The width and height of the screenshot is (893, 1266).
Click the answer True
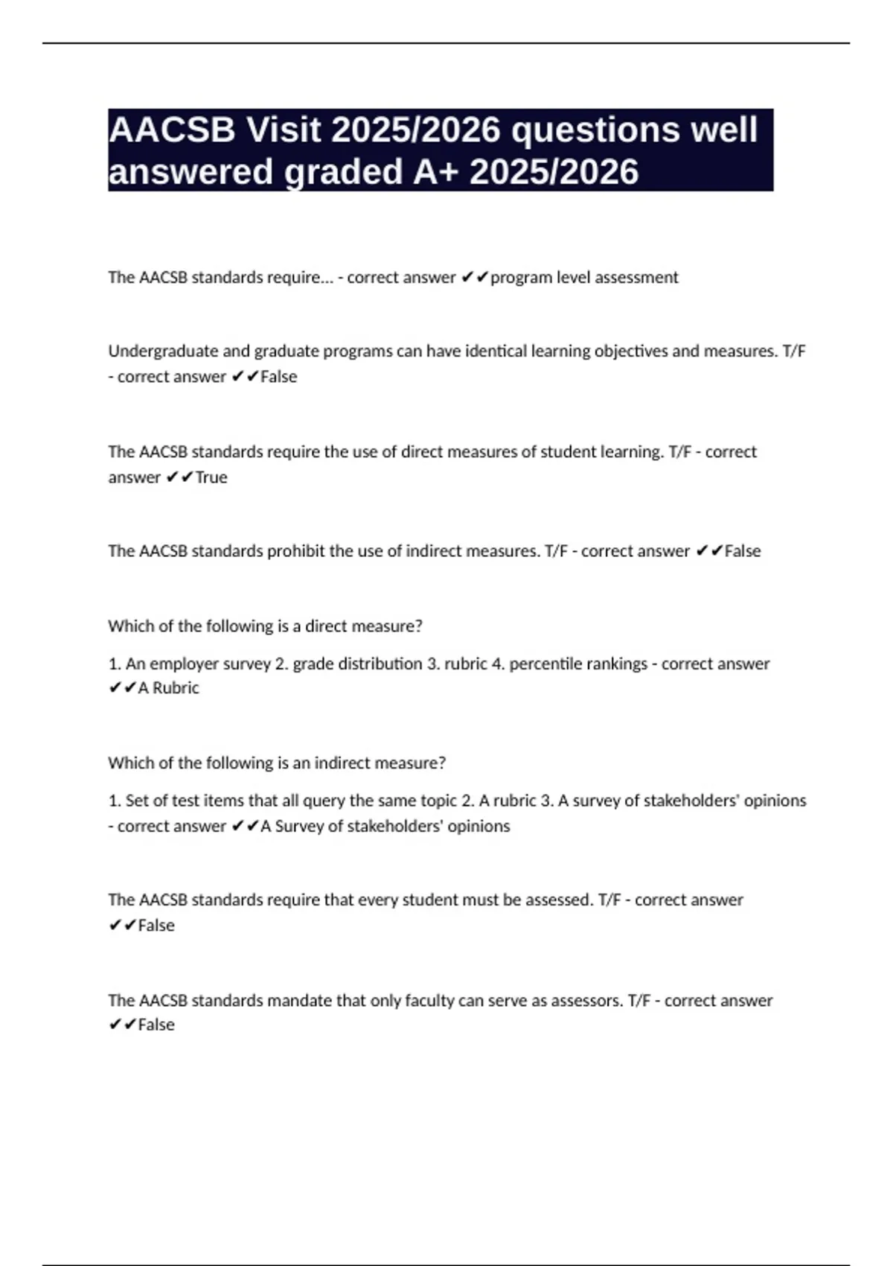tap(211, 477)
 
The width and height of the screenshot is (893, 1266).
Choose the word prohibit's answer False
tap(743, 551)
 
